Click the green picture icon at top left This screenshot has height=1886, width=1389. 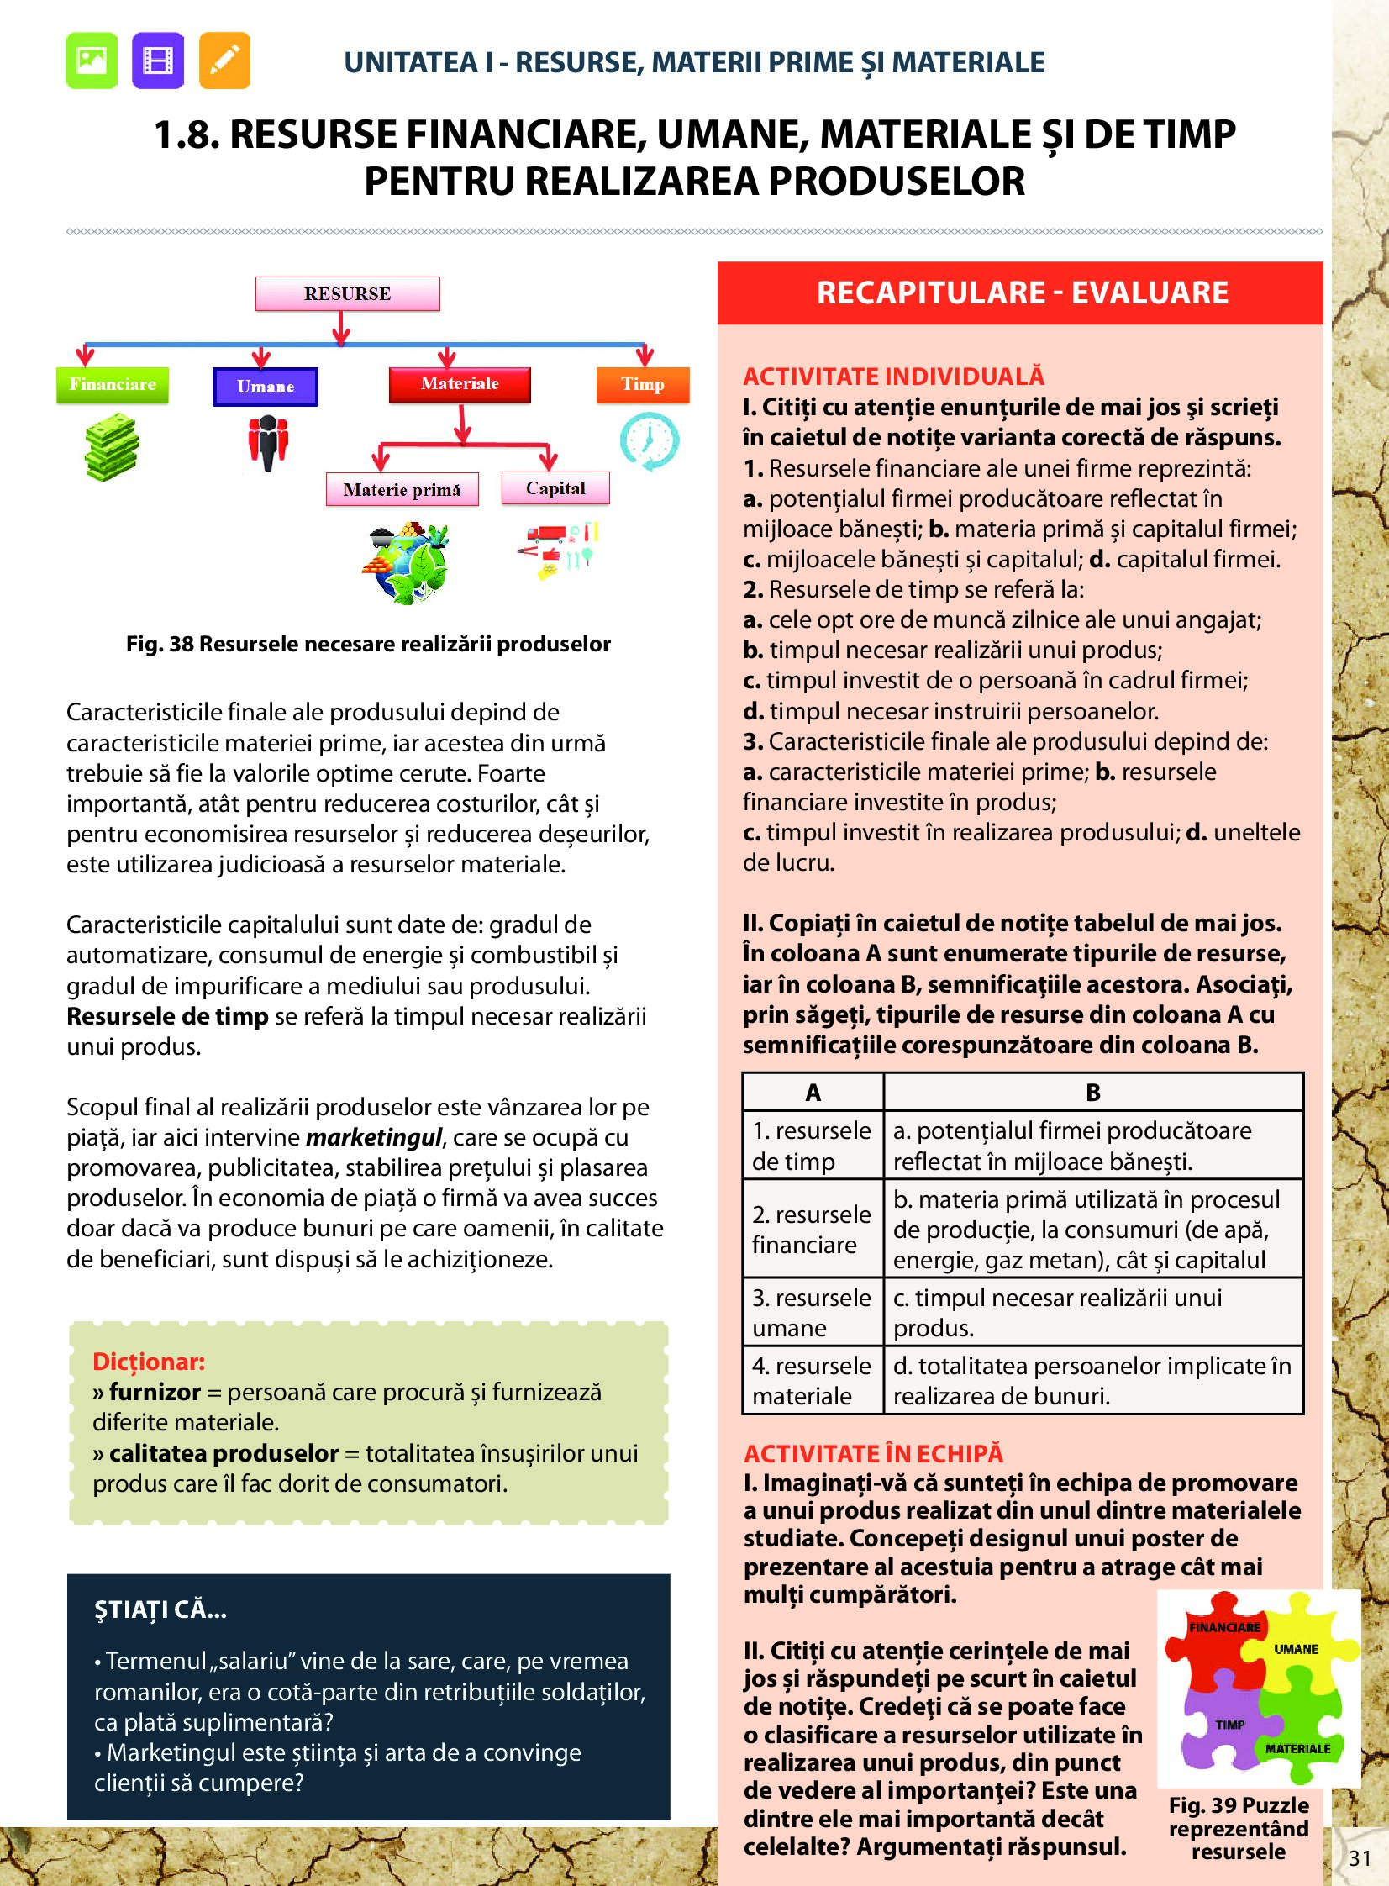click(x=92, y=61)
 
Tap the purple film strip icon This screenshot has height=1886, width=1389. click(x=158, y=61)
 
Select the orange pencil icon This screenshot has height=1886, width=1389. click(x=224, y=61)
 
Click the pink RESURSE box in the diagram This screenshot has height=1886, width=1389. click(x=347, y=294)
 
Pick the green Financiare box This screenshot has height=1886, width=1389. click(x=113, y=385)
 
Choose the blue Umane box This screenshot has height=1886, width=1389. click(x=266, y=387)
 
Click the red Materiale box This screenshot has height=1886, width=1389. click(x=460, y=384)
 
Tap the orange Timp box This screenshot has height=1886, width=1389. click(x=643, y=385)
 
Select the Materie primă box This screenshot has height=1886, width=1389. click(x=402, y=489)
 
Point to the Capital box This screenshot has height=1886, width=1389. click(x=555, y=488)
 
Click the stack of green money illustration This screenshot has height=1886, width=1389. click(x=112, y=447)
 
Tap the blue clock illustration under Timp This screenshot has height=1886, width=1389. click(x=649, y=440)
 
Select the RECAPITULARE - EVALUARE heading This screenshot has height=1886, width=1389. click(x=1022, y=292)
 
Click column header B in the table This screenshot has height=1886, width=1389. click(x=1093, y=1093)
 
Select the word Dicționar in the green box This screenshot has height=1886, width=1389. click(x=149, y=1362)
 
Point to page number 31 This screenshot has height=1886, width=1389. click(x=1360, y=1858)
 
